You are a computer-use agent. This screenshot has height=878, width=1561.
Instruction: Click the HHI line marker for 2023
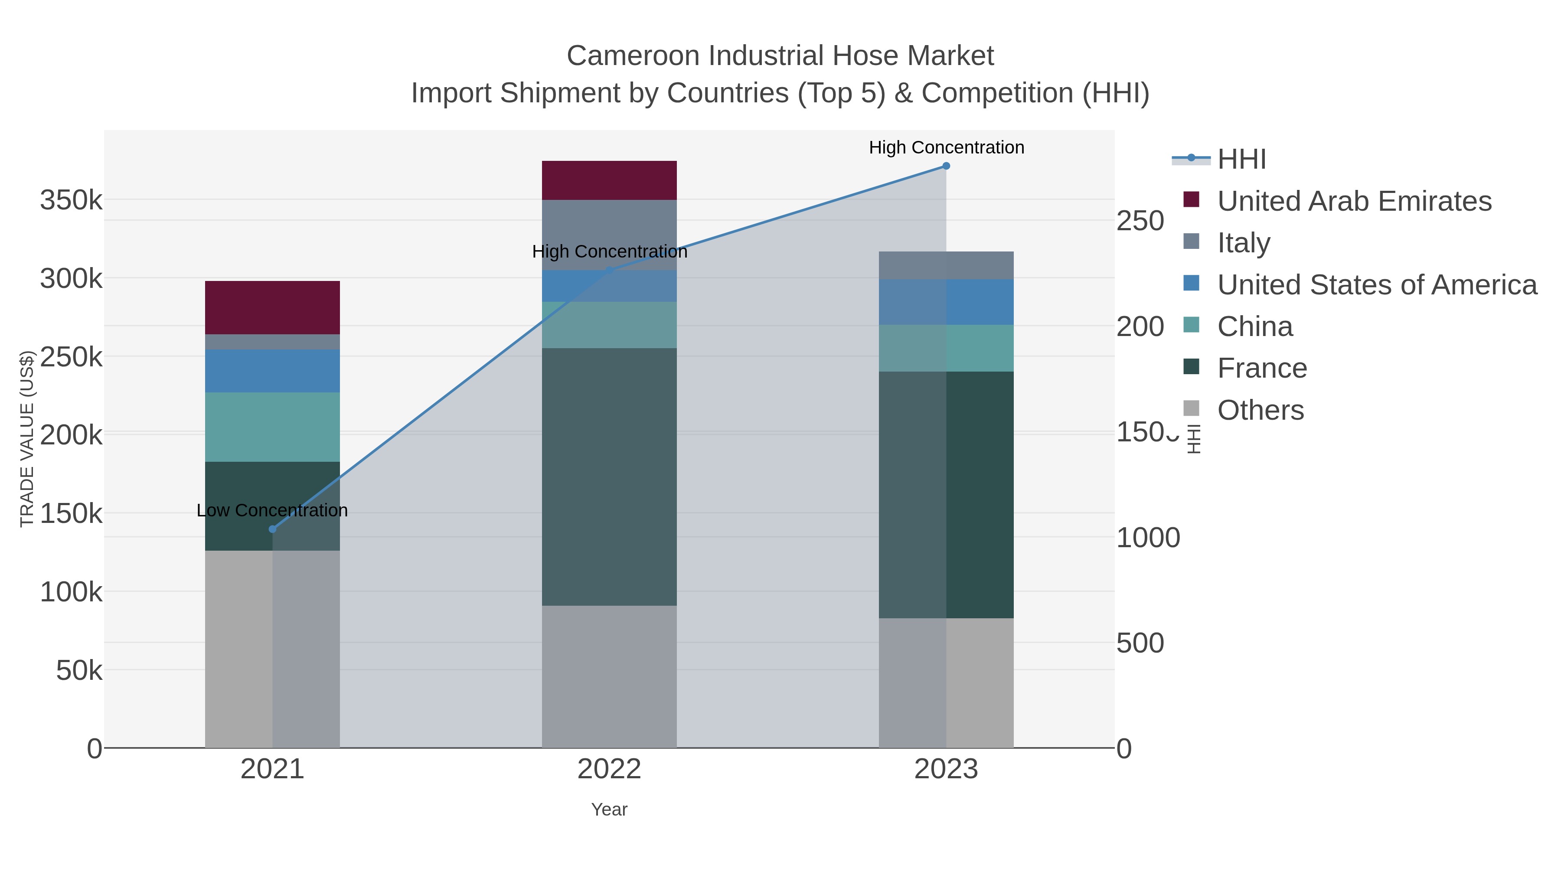tap(946, 166)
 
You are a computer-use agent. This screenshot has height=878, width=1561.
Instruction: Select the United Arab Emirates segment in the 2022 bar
tap(609, 180)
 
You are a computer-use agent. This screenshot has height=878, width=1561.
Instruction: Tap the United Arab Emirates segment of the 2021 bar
tap(272, 308)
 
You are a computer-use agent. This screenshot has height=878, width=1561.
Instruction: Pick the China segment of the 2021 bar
tap(272, 427)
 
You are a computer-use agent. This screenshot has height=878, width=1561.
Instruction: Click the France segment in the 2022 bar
tap(609, 477)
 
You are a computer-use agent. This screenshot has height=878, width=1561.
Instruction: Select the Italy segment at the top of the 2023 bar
tap(946, 265)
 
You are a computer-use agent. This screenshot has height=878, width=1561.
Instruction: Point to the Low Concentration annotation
tap(272, 510)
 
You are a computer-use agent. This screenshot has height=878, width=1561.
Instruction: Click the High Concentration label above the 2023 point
tap(946, 147)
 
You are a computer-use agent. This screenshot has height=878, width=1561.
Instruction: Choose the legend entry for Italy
tap(1244, 242)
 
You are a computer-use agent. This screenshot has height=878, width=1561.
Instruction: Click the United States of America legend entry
tap(1377, 285)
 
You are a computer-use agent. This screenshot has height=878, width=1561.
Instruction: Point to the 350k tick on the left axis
tap(72, 200)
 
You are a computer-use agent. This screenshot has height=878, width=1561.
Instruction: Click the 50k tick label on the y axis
tap(79, 671)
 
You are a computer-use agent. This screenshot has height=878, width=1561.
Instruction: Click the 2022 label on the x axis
tap(609, 770)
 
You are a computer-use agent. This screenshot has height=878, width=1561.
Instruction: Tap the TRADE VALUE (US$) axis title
tap(27, 439)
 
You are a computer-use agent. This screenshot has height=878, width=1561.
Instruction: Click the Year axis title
tap(609, 809)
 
